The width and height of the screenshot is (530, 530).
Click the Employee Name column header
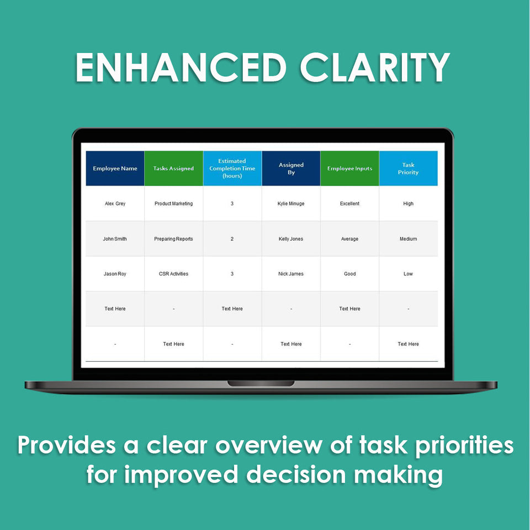click(x=115, y=168)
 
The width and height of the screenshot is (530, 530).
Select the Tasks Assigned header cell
click(x=174, y=168)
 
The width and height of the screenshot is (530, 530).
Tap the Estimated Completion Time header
click(x=232, y=168)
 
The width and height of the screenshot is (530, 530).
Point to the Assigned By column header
click(x=291, y=168)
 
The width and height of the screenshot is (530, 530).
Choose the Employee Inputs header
click(x=350, y=168)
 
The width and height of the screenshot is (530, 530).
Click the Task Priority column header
click(x=409, y=168)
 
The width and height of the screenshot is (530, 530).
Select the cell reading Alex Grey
click(x=115, y=204)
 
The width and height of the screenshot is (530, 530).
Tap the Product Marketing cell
click(x=174, y=204)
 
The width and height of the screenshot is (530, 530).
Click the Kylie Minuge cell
click(x=291, y=204)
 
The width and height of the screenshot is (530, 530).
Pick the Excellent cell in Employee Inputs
click(x=350, y=204)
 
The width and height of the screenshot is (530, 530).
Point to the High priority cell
click(x=409, y=204)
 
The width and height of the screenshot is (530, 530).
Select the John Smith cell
click(x=115, y=239)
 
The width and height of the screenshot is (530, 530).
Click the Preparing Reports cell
click(x=174, y=239)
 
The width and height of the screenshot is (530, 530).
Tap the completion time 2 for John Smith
click(x=232, y=239)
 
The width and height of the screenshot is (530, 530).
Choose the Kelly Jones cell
click(x=291, y=239)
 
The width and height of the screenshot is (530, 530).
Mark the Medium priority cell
click(x=409, y=239)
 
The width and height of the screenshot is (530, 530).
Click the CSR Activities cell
click(x=174, y=274)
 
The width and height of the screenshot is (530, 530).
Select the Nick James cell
click(x=291, y=274)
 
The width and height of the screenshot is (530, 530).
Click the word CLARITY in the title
click(x=375, y=67)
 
